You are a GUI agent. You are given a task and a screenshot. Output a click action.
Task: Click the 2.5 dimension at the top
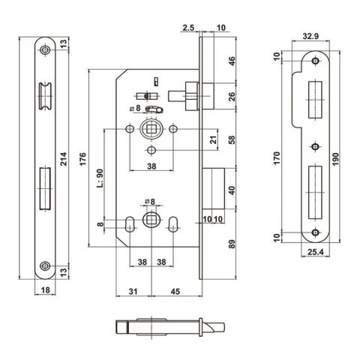pos(187,28)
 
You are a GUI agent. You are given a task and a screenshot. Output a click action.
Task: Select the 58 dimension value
pos(231,140)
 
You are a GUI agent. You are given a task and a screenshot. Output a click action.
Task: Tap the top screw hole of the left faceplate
pos(46,50)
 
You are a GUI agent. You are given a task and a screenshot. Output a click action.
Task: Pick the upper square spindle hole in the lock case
pos(151,130)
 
